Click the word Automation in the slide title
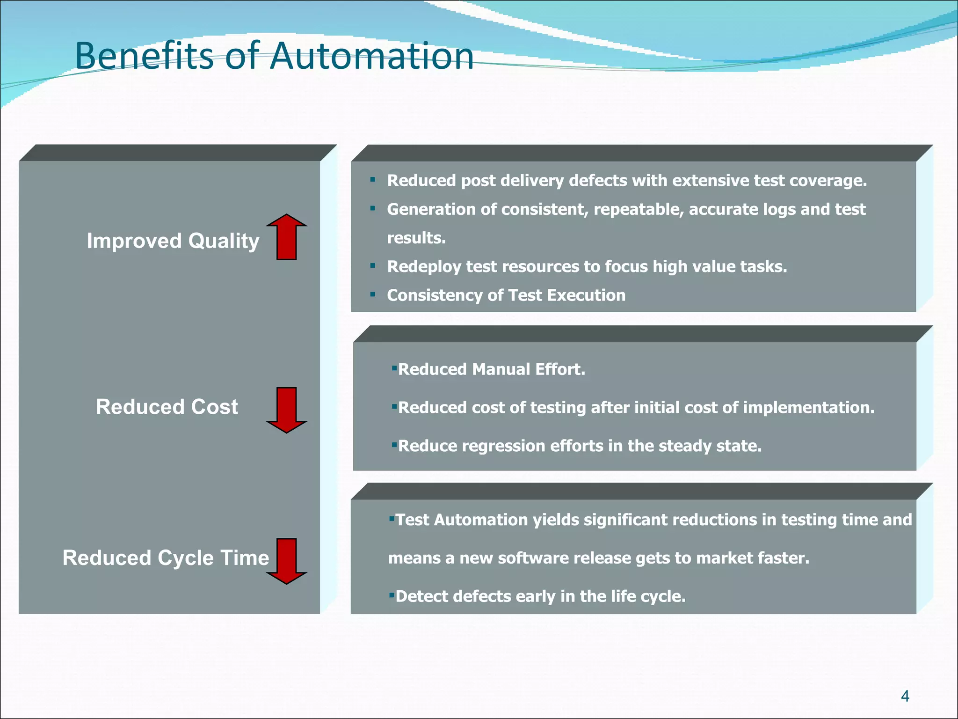[372, 56]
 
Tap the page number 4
[905, 696]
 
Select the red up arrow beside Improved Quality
[286, 237]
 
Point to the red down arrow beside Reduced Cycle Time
[286, 561]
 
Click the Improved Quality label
[173, 241]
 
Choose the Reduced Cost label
[167, 407]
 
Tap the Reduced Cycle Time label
[166, 558]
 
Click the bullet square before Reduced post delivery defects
[372, 179]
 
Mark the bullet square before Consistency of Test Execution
[372, 294]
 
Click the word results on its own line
[416, 238]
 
